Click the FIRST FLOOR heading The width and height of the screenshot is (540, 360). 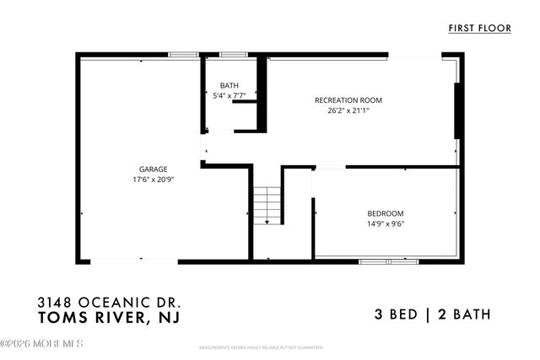click(480, 29)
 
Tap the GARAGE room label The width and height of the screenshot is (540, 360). click(153, 169)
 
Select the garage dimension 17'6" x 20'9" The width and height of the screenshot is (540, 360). click(153, 180)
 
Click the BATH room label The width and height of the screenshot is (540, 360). click(229, 86)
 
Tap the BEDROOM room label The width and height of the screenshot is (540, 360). click(385, 213)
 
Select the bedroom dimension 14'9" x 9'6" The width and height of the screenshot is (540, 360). click(385, 224)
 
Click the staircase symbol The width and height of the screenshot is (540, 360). click(267, 205)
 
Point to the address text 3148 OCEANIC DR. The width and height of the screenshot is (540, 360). click(109, 302)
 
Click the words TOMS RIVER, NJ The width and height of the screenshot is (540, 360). click(109, 317)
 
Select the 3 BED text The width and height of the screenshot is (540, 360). click(397, 315)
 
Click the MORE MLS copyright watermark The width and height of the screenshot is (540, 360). click(42, 343)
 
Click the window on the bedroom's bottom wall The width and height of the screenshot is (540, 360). click(388, 261)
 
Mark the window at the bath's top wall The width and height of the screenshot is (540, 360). click(233, 55)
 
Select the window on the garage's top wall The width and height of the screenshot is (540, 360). click(182, 55)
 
